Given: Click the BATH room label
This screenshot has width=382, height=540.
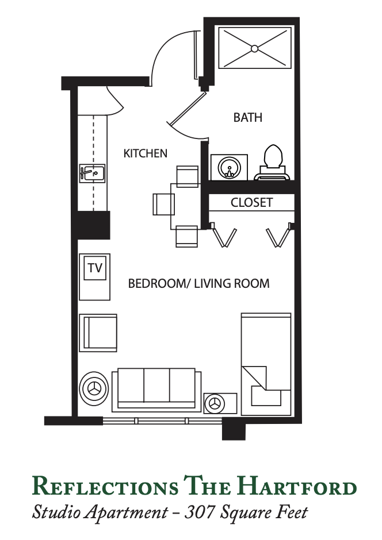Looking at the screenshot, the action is [247, 117].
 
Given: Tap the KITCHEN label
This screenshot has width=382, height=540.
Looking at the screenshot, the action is [145, 153].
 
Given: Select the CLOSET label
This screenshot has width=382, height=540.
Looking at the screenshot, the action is [251, 202].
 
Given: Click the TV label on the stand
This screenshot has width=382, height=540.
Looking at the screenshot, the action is [95, 268].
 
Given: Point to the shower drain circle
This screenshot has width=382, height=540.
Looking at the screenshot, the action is [254, 49].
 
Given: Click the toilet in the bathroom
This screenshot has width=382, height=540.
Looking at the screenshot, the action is [273, 163].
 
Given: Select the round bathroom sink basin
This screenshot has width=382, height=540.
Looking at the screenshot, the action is [229, 168].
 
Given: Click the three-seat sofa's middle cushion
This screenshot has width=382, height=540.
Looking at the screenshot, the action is [156, 385].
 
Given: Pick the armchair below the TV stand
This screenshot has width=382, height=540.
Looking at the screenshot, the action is [98, 333].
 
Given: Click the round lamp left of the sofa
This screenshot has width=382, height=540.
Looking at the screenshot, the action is [94, 388].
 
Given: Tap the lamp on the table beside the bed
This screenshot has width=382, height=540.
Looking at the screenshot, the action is [214, 403].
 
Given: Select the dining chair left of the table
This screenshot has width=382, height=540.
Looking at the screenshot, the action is [164, 204].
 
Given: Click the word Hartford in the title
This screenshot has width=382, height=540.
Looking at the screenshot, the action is [297, 486].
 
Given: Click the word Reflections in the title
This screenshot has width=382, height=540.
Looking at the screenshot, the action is [105, 486].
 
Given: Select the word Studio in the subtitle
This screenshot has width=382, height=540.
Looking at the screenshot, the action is [57, 512].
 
